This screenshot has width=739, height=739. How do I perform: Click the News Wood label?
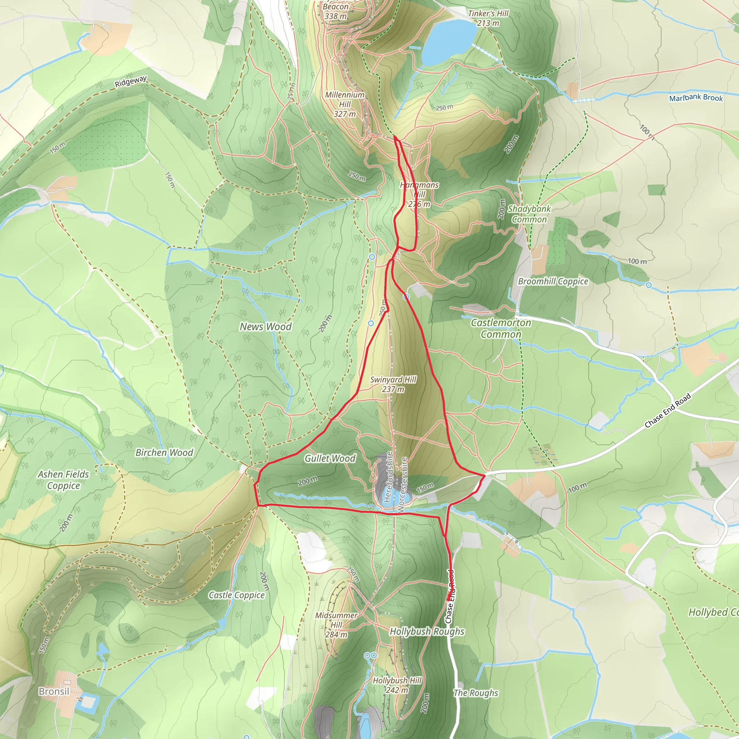pos(266,327)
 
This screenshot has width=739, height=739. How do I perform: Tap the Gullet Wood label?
pos(330,458)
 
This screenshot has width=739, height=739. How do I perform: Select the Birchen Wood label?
pos(165,452)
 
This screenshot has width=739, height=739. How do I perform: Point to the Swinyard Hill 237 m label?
pos(393,384)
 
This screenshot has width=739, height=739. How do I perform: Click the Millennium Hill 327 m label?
pos(345,104)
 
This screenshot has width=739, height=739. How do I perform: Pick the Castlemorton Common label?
pos(501,328)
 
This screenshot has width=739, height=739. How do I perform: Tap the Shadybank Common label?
pos(529,214)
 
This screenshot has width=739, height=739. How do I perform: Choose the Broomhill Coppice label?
pos(553,281)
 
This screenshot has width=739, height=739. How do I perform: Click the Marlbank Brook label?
pos(696,98)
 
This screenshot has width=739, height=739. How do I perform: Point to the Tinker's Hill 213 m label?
pos(488,18)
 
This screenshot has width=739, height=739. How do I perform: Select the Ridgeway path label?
pos(131,82)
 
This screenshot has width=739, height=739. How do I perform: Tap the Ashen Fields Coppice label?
pos(64,480)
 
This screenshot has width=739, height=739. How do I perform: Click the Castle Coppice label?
pos(236,595)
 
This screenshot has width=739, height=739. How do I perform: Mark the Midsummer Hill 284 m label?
pos(336,625)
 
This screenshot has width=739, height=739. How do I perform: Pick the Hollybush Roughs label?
pos(427,631)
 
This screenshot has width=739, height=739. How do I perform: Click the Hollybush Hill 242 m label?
pos(397,685)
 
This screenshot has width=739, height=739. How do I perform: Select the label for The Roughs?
pos(476,693)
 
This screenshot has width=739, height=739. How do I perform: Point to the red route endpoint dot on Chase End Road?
pos(449,598)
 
